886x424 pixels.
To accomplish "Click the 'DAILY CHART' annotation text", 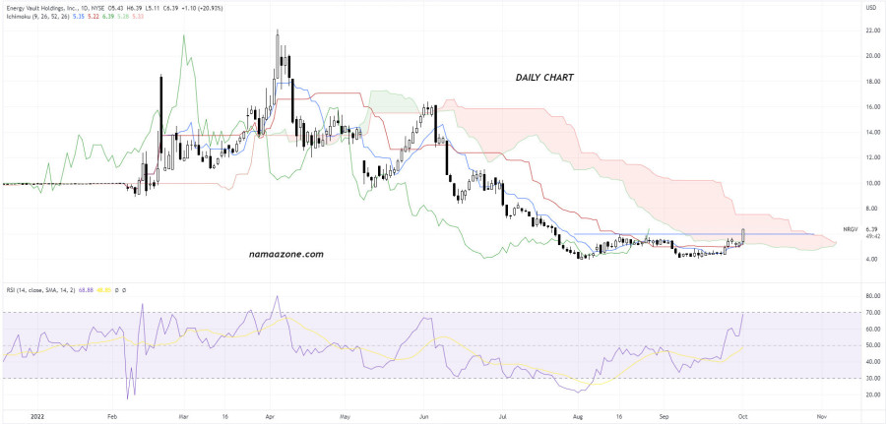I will tap(545, 77).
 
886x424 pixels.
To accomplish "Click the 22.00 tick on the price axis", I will tap(871, 30).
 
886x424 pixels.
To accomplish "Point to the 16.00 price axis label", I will tap(871, 107).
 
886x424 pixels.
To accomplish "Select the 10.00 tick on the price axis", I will tap(871, 183).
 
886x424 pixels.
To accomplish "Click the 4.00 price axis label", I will tap(871, 260).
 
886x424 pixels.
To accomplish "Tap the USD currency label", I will tap(870, 8).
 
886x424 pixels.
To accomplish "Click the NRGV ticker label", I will tap(852, 229).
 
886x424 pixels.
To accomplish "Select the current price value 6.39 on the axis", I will tap(872, 229).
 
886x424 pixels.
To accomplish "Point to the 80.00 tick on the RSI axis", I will tap(871, 296).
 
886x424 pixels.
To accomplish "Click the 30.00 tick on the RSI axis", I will tap(871, 378).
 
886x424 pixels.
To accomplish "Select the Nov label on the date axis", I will tap(820, 416).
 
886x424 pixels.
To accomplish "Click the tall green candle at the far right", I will tap(743, 235).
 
